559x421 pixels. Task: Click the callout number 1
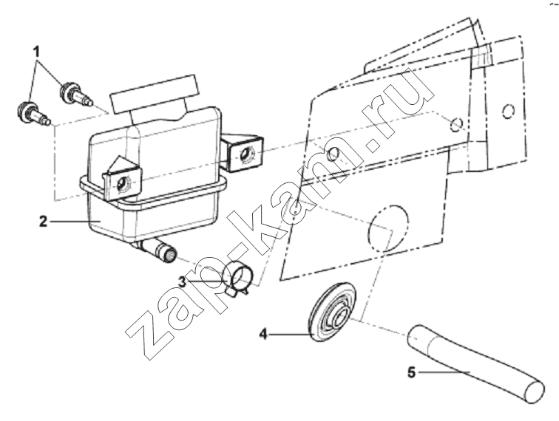pos(35,52)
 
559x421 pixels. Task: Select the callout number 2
pos(43,222)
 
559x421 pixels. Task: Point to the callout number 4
pos(263,334)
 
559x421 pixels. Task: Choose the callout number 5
pos(412,372)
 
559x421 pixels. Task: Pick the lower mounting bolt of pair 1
pos(34,112)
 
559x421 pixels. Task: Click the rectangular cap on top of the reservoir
pos(154,94)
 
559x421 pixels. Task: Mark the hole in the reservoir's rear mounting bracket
pos(245,155)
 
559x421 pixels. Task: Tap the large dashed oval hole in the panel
pos(388,228)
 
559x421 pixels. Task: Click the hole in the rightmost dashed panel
pos(509,112)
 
